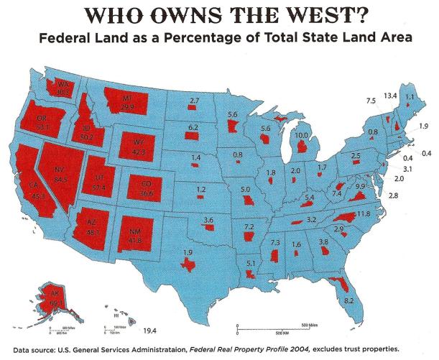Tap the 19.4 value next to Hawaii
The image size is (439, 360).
tap(149, 330)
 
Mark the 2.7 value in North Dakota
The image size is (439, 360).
tap(194, 99)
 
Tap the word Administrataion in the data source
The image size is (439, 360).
tap(160, 352)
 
